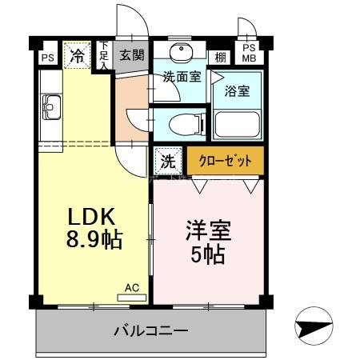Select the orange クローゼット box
pyautogui.click(x=225, y=161)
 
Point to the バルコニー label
pyautogui.click(x=150, y=330)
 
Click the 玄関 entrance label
pyautogui.click(x=132, y=56)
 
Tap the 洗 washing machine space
pyautogui.click(x=167, y=160)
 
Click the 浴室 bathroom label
pyautogui.click(x=237, y=90)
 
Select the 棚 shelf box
pyautogui.click(x=220, y=57)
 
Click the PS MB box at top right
pyautogui.click(x=250, y=52)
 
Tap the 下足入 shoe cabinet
pyautogui.click(x=103, y=56)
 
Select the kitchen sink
pyautogui.click(x=51, y=104)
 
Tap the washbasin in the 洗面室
pyautogui.click(x=180, y=51)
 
